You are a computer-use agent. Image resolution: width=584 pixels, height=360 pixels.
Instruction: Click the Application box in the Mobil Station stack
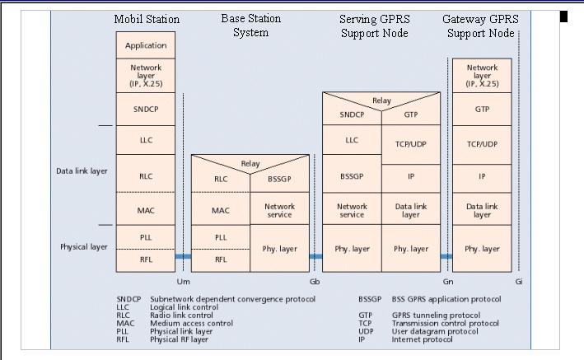tap(145, 45)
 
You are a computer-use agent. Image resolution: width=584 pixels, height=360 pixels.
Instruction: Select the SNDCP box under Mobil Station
tap(145, 109)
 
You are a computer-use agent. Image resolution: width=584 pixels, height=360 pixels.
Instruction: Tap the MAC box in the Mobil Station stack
tap(145, 210)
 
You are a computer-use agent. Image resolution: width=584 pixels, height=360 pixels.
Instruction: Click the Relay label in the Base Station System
tap(250, 163)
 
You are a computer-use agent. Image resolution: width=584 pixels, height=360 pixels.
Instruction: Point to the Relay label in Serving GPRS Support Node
tap(381, 100)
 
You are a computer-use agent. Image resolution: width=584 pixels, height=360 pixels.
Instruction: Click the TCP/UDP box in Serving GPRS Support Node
tap(410, 143)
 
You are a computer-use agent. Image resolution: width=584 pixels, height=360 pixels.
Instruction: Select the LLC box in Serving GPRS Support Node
tap(352, 140)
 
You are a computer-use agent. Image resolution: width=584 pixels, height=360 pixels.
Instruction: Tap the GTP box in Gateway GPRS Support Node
tap(482, 109)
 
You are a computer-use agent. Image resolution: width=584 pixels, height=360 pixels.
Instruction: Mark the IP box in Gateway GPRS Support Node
tap(482, 176)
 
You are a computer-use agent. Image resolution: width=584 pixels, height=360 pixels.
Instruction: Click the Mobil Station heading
tap(147, 18)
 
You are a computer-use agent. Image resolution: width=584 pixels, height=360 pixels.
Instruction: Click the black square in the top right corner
tap(564, 16)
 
